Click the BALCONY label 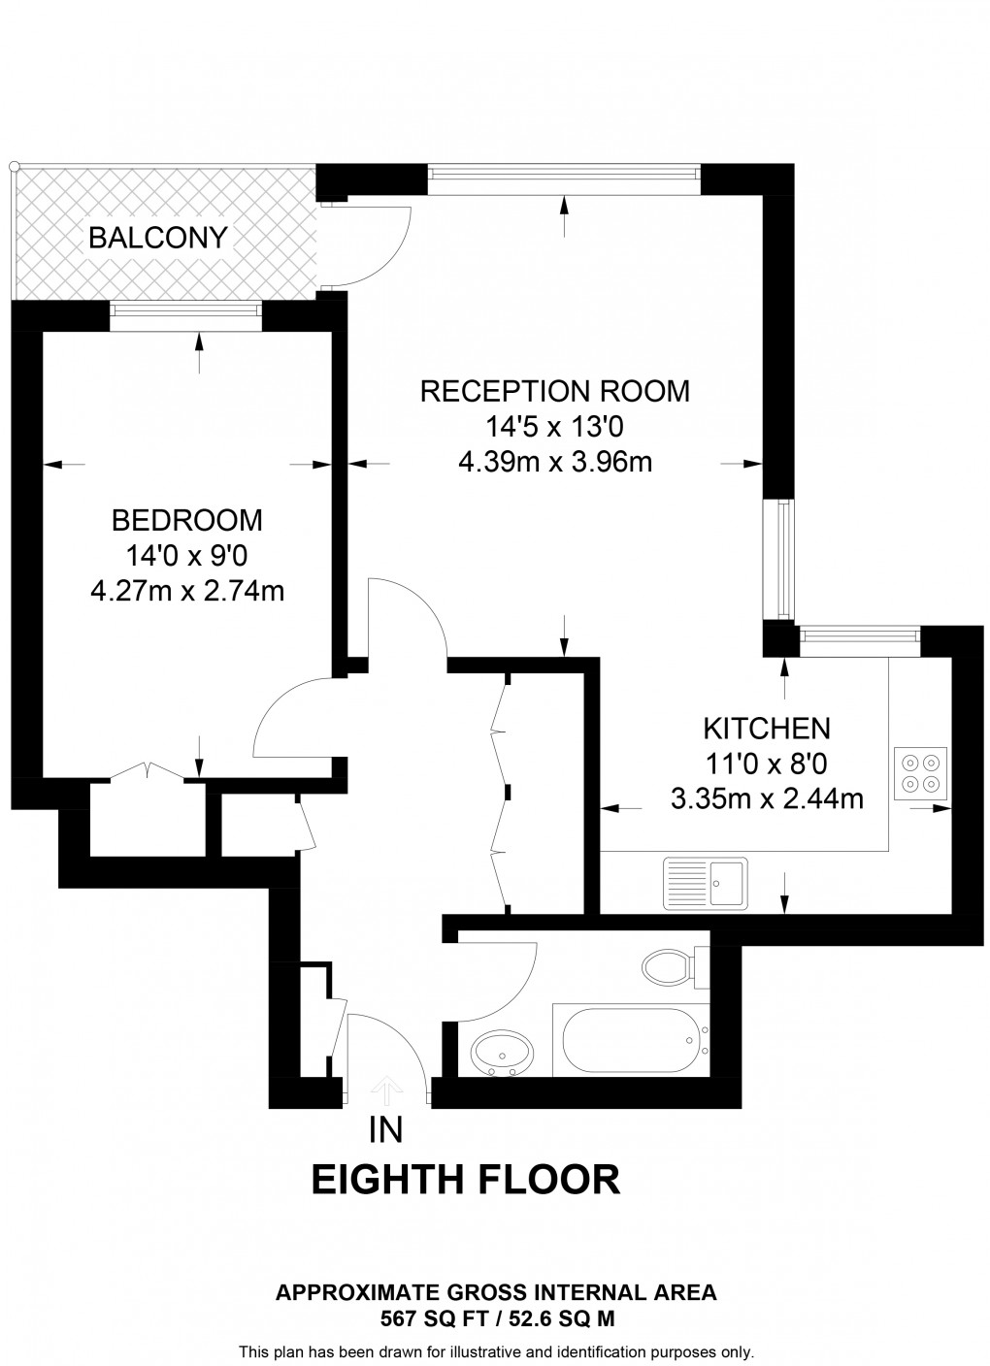tap(157, 238)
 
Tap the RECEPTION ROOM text tap(554, 391)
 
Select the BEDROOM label tap(187, 520)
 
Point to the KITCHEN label tap(766, 728)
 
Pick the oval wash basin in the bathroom tap(501, 1052)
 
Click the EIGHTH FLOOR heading tap(465, 1180)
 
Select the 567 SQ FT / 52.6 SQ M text tap(496, 1318)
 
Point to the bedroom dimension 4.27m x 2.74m tap(187, 590)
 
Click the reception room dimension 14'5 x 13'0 tap(554, 427)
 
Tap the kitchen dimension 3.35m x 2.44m tap(766, 798)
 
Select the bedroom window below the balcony tap(185, 310)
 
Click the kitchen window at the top tap(859, 635)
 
